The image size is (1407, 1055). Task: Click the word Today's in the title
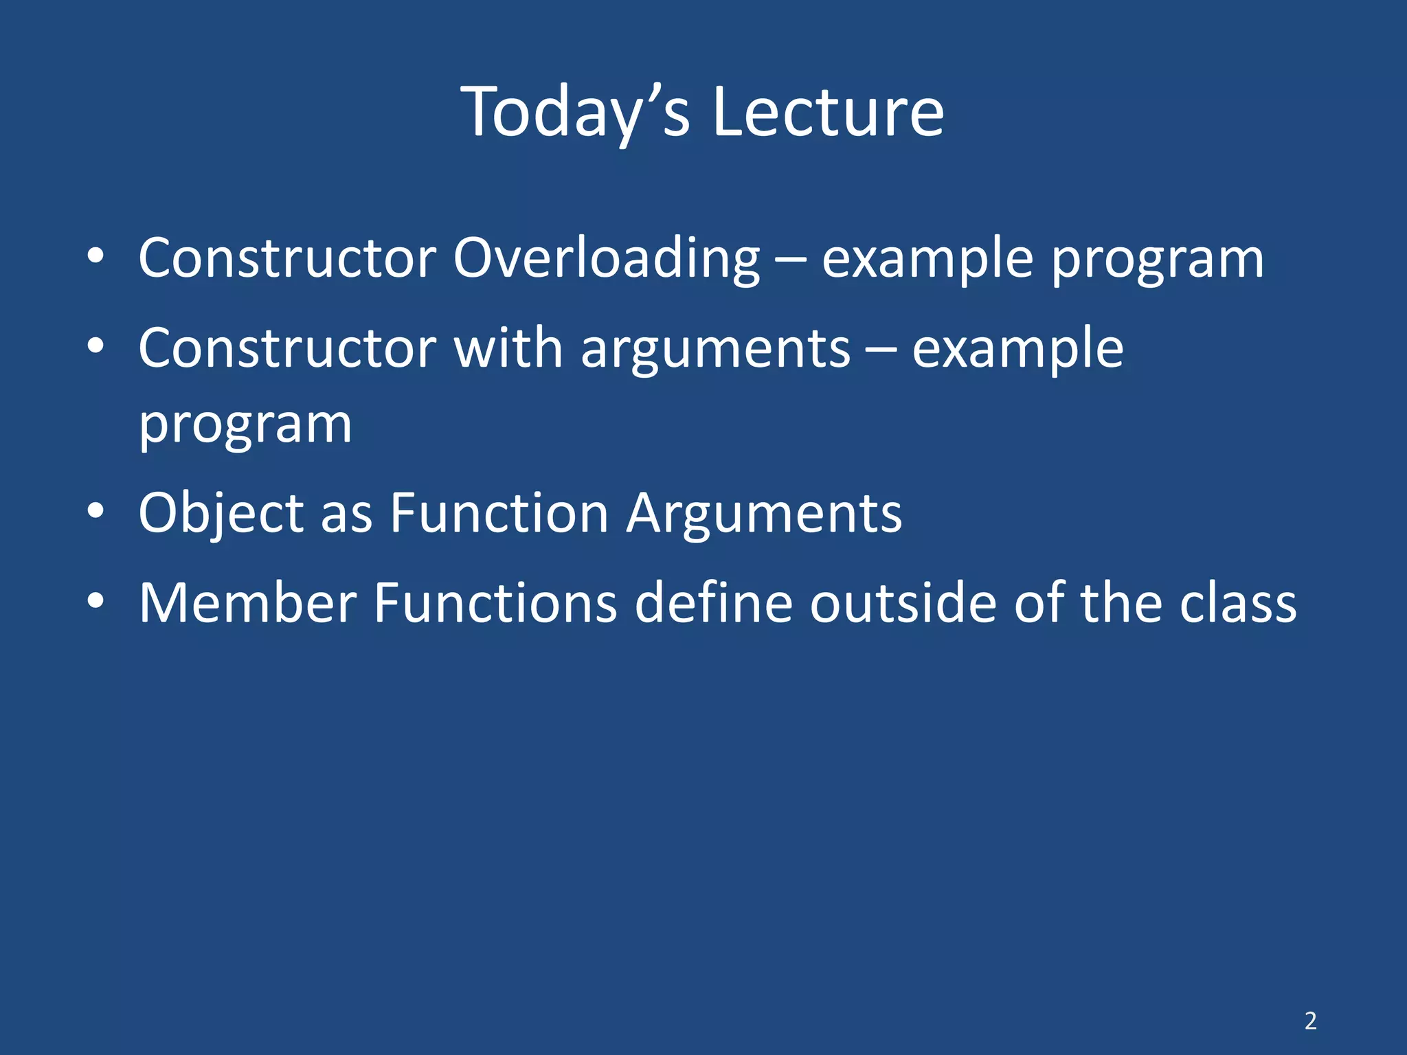point(576,113)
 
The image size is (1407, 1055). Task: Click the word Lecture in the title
point(828,113)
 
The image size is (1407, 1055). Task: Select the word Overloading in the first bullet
point(606,260)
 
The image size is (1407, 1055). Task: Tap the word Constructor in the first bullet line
point(287,258)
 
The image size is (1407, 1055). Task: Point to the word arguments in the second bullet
point(715,350)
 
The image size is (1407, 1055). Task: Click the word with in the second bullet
point(508,348)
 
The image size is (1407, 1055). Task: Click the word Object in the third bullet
point(221,514)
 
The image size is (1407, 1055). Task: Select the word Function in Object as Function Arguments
point(499,513)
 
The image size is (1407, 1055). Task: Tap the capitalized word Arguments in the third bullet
point(764,514)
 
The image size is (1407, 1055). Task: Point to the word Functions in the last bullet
point(495,603)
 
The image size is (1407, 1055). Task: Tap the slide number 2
point(1311,1021)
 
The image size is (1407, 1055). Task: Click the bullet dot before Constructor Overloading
point(95,256)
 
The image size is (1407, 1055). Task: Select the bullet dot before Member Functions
point(95,601)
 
